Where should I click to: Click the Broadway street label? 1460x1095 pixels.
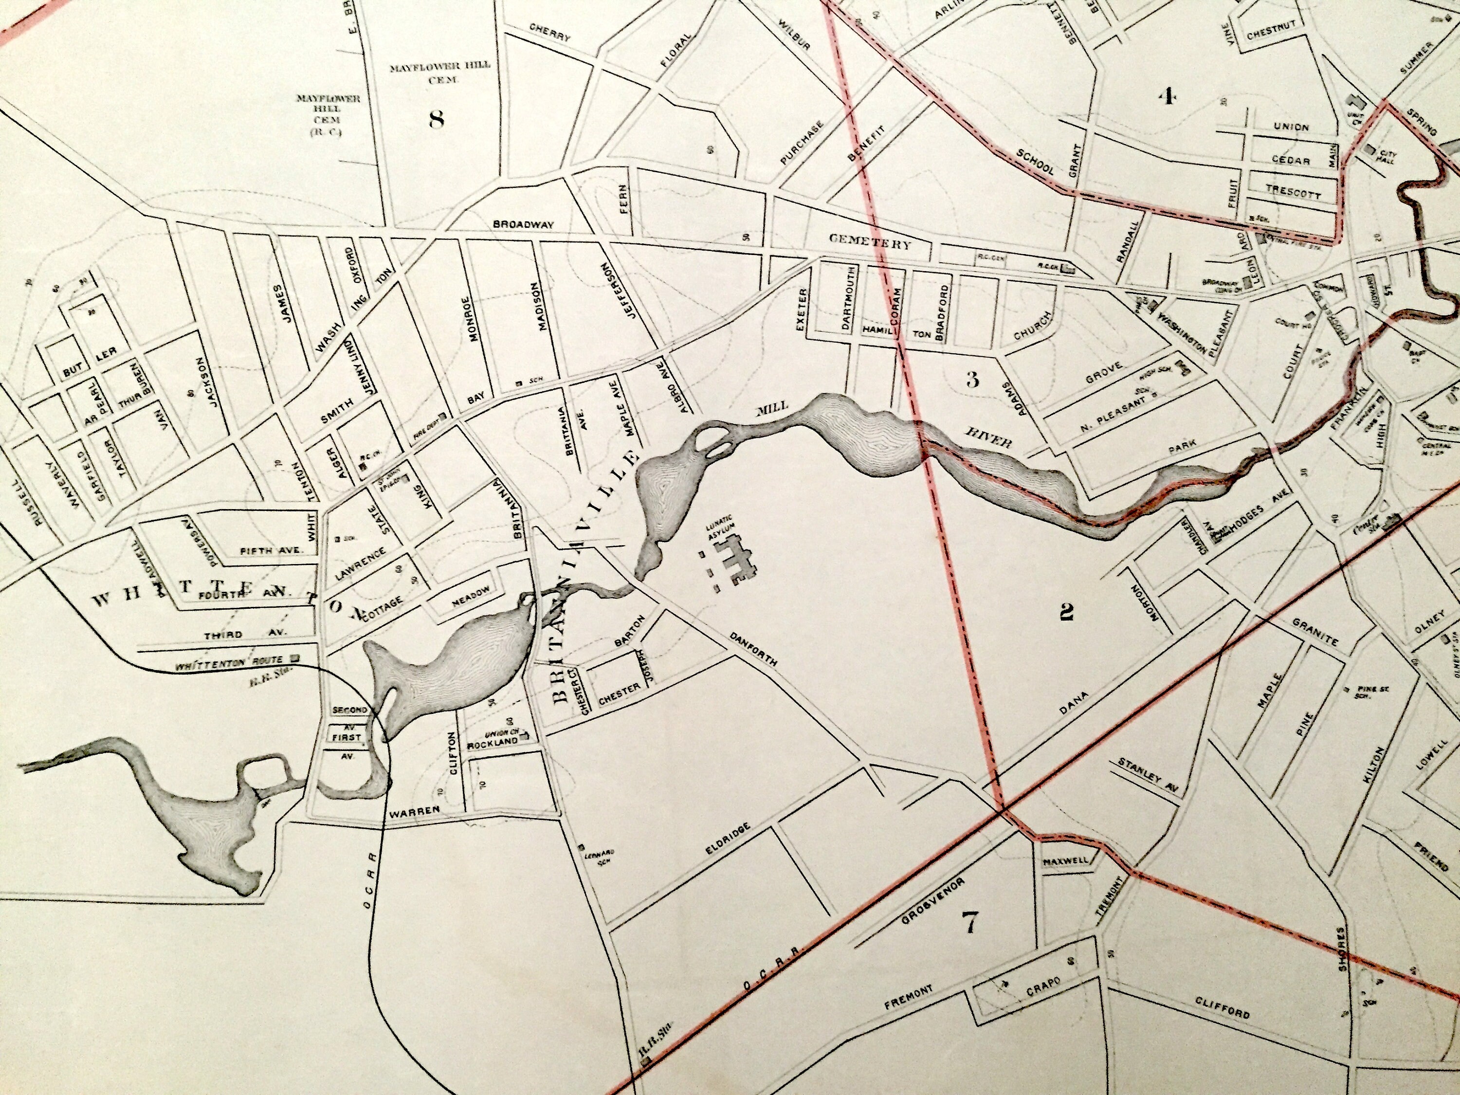tap(523, 224)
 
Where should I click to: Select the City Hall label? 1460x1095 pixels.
tap(1385, 156)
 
